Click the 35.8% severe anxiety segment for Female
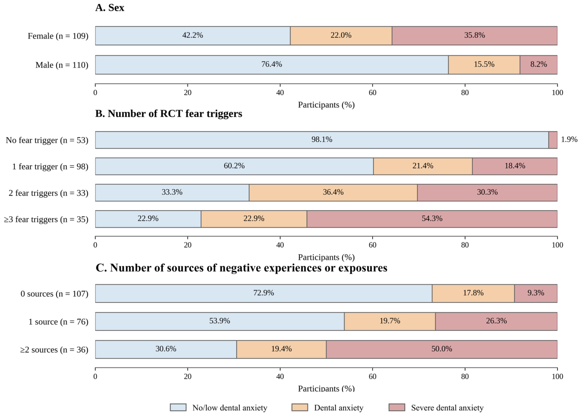tap(475, 36)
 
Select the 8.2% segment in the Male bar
tap(538, 65)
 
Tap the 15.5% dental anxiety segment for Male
tap(484, 65)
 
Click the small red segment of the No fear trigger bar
tap(553, 140)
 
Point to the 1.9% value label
tap(569, 140)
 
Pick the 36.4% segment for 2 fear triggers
tap(333, 193)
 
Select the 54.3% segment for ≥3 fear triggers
tap(432, 219)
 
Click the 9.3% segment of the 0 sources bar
tap(536, 293)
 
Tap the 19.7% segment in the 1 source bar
tap(389, 321)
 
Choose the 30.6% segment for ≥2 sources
tap(166, 349)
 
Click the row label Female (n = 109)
tap(58, 36)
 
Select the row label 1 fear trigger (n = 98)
tap(50, 166)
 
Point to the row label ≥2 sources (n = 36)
tap(54, 350)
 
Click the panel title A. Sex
tap(110, 8)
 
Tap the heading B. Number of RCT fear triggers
tap(169, 114)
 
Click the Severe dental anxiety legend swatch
tap(397, 407)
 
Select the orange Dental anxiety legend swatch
tap(300, 407)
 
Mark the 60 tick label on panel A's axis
tap(373, 93)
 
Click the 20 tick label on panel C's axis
tap(188, 376)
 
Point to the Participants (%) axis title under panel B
tap(326, 257)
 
